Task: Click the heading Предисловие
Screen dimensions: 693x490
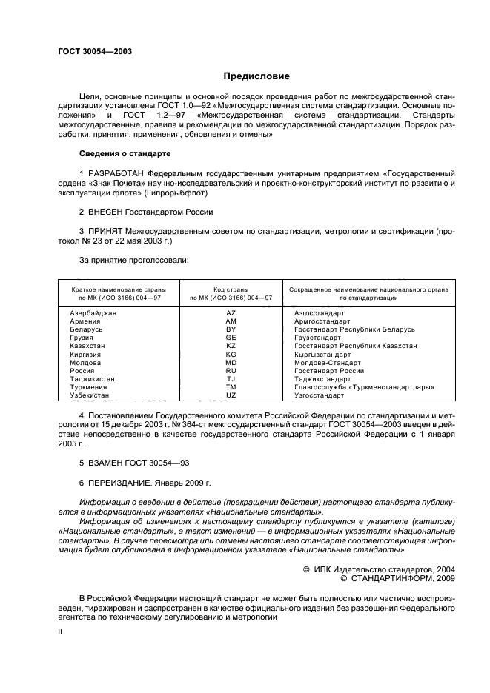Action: point(257,76)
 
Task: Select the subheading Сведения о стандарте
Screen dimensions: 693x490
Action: point(125,153)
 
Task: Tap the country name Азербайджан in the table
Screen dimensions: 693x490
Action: point(93,313)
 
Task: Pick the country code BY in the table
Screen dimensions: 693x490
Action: point(231,329)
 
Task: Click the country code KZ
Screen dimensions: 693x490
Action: point(231,346)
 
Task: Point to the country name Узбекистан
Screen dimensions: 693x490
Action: point(90,395)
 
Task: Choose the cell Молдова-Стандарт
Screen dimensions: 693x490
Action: point(328,362)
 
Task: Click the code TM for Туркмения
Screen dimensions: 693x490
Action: point(231,387)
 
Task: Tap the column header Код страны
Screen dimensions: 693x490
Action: point(231,289)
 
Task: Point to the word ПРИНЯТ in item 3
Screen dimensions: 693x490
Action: point(107,231)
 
